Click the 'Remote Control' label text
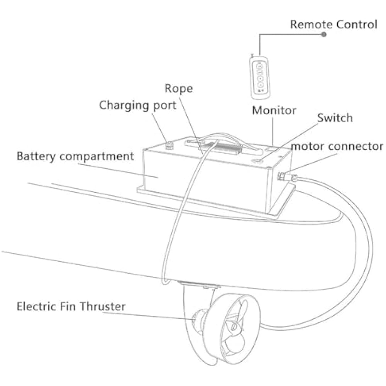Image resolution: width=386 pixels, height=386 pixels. pos(334,25)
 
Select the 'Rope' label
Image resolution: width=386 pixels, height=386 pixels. pos(178,88)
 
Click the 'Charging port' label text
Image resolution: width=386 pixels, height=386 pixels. pos(137,105)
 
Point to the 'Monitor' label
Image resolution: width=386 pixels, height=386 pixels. pos(274,110)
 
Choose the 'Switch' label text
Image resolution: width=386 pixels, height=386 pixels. pos(335,118)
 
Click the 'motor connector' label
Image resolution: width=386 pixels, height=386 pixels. pos(337,147)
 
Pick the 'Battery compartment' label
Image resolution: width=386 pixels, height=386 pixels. pos(75,156)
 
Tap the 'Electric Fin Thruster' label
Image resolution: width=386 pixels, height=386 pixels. pos(71,306)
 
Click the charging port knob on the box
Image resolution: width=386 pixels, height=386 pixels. pos(168,146)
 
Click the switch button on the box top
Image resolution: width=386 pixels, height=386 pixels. pos(256,161)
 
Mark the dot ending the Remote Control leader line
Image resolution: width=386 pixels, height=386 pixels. pos(324,34)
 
